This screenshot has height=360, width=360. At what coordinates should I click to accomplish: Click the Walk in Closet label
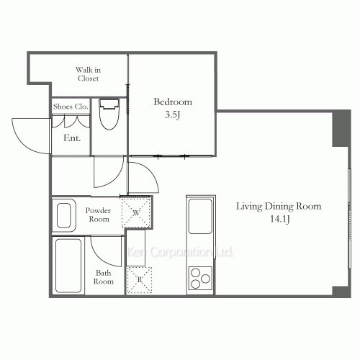click(x=88, y=73)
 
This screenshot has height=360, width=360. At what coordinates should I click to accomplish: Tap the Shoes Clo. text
click(x=71, y=107)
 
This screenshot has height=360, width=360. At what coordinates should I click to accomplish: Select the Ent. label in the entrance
click(x=72, y=138)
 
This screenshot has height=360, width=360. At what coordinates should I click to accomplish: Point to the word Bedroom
click(x=173, y=102)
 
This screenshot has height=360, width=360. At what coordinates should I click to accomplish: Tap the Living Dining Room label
click(x=279, y=207)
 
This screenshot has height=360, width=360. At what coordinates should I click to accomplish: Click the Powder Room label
click(x=97, y=215)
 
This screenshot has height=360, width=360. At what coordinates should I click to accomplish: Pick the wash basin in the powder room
click(x=64, y=215)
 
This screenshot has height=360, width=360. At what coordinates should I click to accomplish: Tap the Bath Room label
click(x=103, y=277)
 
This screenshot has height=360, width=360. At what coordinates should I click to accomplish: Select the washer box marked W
click(x=135, y=212)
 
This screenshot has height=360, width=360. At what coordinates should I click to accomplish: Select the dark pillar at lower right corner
click(x=339, y=291)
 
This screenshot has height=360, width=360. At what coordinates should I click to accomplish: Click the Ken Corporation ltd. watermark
click(x=180, y=252)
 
